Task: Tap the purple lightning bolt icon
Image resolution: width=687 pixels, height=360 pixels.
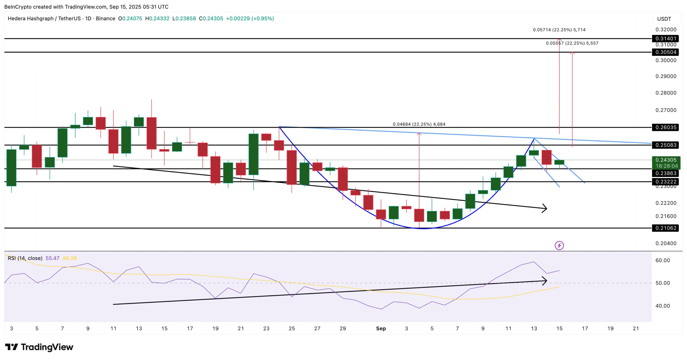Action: click(559, 245)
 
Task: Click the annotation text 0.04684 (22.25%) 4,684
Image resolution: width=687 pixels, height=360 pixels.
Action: click(419, 124)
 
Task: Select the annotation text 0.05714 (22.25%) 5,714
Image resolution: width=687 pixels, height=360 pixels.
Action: click(559, 30)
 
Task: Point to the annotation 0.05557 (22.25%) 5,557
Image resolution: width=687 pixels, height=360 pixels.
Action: click(572, 43)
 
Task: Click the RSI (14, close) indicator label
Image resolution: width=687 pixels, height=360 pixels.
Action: click(25, 258)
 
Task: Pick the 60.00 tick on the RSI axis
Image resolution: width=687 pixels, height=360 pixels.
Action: click(662, 260)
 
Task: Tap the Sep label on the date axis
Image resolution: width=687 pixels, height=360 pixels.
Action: click(381, 328)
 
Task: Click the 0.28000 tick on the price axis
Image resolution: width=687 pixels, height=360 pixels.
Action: click(666, 93)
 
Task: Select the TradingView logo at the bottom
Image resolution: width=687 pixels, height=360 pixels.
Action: click(39, 347)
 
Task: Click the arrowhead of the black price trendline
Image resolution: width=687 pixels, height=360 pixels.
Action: click(545, 208)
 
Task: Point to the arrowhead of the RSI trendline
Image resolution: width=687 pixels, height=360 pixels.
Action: click(545, 281)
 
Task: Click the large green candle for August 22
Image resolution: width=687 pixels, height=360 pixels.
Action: click(253, 154)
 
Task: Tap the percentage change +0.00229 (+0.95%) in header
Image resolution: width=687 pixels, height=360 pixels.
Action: click(250, 19)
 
